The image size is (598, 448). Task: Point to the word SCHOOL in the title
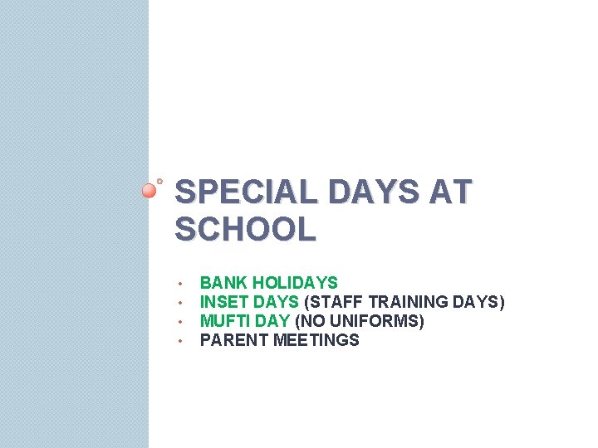click(246, 229)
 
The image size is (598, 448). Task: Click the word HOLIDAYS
click(296, 283)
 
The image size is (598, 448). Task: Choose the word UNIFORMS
click(383, 321)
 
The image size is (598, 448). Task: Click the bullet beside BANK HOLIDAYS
click(179, 284)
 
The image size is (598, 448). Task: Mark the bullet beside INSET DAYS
click(179, 303)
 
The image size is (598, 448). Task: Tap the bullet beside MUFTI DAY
click(179, 322)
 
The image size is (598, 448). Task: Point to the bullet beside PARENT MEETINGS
click(179, 341)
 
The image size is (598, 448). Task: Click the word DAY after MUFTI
click(273, 321)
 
